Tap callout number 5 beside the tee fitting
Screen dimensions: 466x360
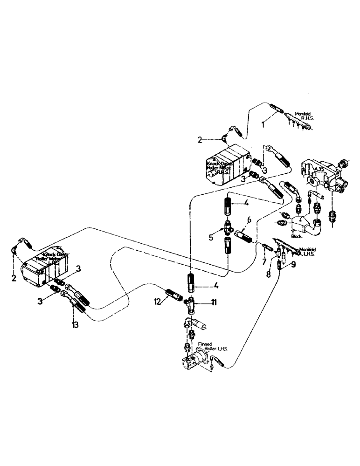point(211,237)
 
